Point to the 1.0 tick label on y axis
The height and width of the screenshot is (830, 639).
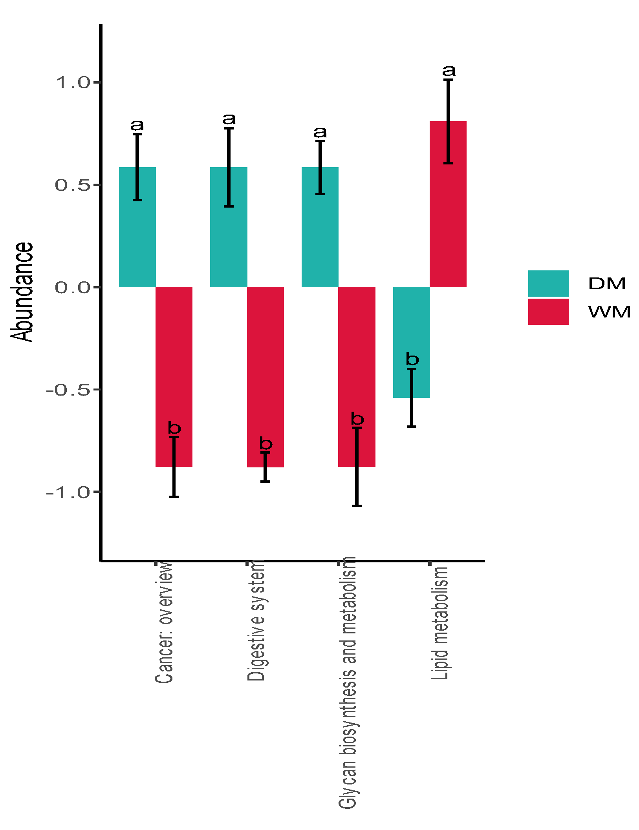pos(73,82)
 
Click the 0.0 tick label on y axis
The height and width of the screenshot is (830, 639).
pos(73,287)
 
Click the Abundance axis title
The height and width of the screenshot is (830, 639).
pos(22,292)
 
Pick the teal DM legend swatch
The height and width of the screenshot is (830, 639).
pos(548,283)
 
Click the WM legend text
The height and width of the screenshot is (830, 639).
pos(609,312)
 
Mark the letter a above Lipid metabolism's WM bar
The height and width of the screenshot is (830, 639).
pos(449,71)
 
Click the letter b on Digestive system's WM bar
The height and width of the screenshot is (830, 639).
pos(266,443)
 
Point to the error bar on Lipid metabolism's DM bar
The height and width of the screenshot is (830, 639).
pos(411,398)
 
